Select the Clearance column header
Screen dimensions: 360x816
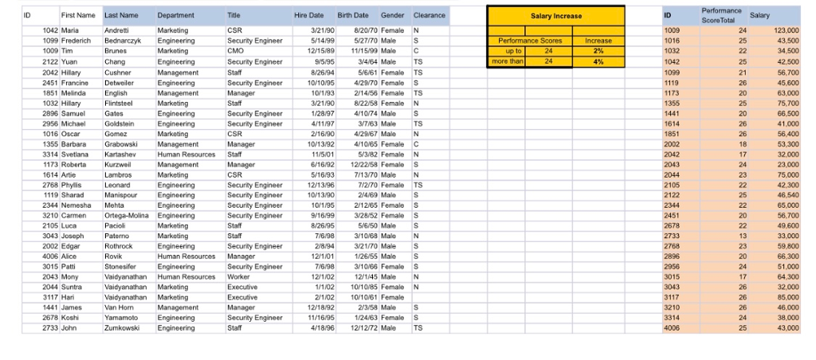coord(430,15)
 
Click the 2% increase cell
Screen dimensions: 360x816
coord(598,50)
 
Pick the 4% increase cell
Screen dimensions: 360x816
coord(598,61)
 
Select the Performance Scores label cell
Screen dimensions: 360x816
coord(530,40)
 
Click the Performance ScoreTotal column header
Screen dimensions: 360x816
coord(721,15)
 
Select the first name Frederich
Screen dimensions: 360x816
coord(77,40)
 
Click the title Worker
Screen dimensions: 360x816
coord(238,276)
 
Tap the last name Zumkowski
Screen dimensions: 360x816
coord(124,327)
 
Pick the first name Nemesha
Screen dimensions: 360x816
coord(76,205)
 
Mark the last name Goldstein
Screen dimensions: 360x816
coord(121,124)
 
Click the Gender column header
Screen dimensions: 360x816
coord(393,15)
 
